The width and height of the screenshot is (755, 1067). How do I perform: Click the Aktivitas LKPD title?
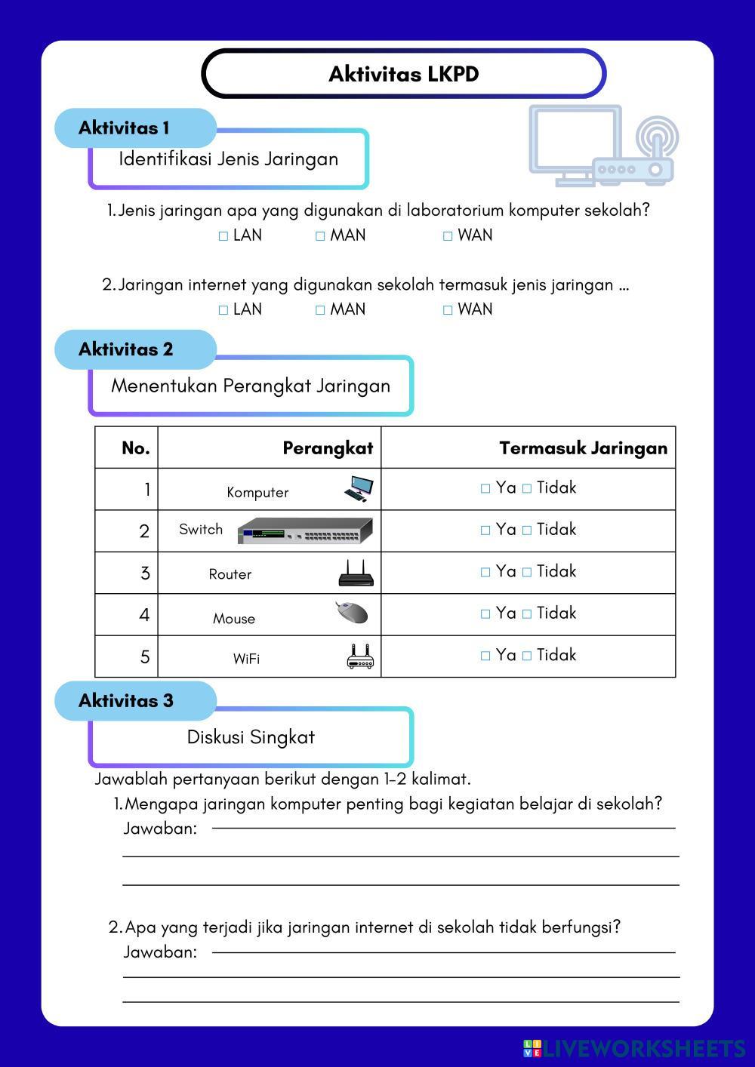click(x=404, y=74)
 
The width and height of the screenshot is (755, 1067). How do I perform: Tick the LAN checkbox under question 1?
click(x=223, y=236)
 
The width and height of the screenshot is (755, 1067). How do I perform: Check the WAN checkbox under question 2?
click(x=448, y=310)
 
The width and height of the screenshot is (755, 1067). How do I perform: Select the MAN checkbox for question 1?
click(x=320, y=236)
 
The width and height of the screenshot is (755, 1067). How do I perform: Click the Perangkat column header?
click(x=328, y=448)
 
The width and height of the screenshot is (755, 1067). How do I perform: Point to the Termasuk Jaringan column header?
click(x=583, y=448)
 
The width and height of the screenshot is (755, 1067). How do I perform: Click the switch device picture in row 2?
click(x=305, y=530)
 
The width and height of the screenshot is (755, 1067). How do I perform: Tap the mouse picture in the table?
click(x=352, y=612)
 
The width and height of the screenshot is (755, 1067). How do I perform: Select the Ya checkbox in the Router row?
click(x=485, y=573)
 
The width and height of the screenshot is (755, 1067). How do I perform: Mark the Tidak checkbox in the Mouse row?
click(x=527, y=614)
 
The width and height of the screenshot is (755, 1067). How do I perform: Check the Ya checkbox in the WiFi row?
click(x=485, y=656)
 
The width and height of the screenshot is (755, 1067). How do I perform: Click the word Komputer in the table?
click(x=257, y=493)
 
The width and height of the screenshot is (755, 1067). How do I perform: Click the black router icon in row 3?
click(x=356, y=573)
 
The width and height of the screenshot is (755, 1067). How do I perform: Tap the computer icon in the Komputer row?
click(x=359, y=489)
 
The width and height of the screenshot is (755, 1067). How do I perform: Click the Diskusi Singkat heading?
click(x=251, y=737)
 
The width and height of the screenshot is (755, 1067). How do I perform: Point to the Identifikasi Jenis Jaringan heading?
click(x=229, y=159)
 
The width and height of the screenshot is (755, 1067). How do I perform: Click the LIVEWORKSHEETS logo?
click(x=634, y=1048)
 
